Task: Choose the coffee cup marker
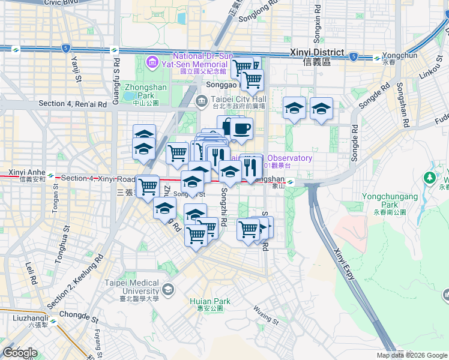point(241,128)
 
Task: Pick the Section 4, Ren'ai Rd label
point(73,104)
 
